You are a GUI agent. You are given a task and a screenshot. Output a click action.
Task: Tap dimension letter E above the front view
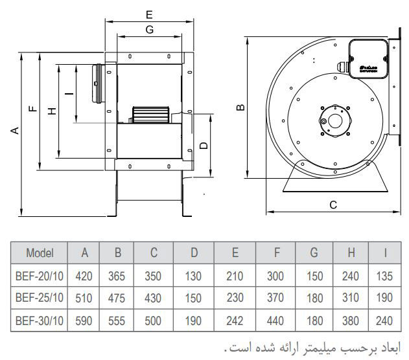click(x=149, y=14)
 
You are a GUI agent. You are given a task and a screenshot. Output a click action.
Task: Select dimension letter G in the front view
click(x=149, y=29)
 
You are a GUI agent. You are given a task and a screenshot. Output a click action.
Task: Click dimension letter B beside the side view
click(x=240, y=107)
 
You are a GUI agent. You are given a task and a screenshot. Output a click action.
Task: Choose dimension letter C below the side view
click(x=333, y=205)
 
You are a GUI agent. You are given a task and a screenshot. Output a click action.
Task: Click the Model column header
click(x=40, y=253)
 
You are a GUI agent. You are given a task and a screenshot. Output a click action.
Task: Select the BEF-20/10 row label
click(x=40, y=276)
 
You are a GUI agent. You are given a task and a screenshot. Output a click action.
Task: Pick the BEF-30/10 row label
click(x=40, y=321)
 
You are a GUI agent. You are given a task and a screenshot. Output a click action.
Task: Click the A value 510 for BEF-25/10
click(x=84, y=298)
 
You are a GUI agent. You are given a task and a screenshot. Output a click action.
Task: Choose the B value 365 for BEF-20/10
click(x=118, y=276)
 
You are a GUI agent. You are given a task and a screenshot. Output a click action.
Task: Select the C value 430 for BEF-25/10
click(x=154, y=298)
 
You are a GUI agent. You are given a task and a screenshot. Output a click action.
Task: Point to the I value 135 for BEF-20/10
click(x=385, y=276)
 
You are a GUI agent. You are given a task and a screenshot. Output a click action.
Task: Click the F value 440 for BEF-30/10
click(x=275, y=321)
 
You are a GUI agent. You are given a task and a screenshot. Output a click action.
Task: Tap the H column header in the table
click(x=351, y=253)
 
